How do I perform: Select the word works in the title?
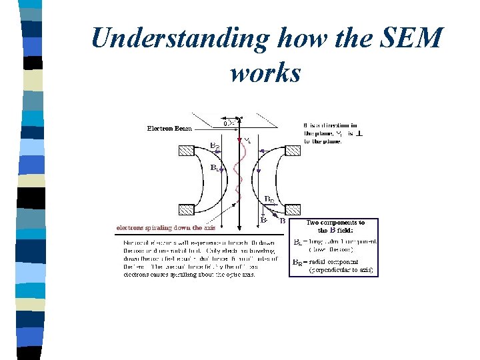click(265, 72)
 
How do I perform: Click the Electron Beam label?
click(169, 128)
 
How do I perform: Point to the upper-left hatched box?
click(185, 150)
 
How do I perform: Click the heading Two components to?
click(335, 222)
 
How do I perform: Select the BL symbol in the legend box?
click(298, 242)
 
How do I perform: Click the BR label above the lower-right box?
click(269, 199)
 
